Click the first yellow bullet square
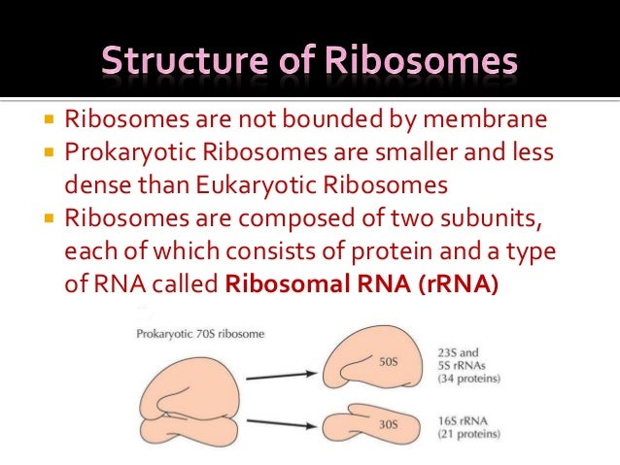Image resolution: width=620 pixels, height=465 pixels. (x=48, y=122)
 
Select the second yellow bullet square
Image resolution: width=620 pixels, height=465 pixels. (x=48, y=153)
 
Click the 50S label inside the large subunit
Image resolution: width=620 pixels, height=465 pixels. (x=388, y=363)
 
